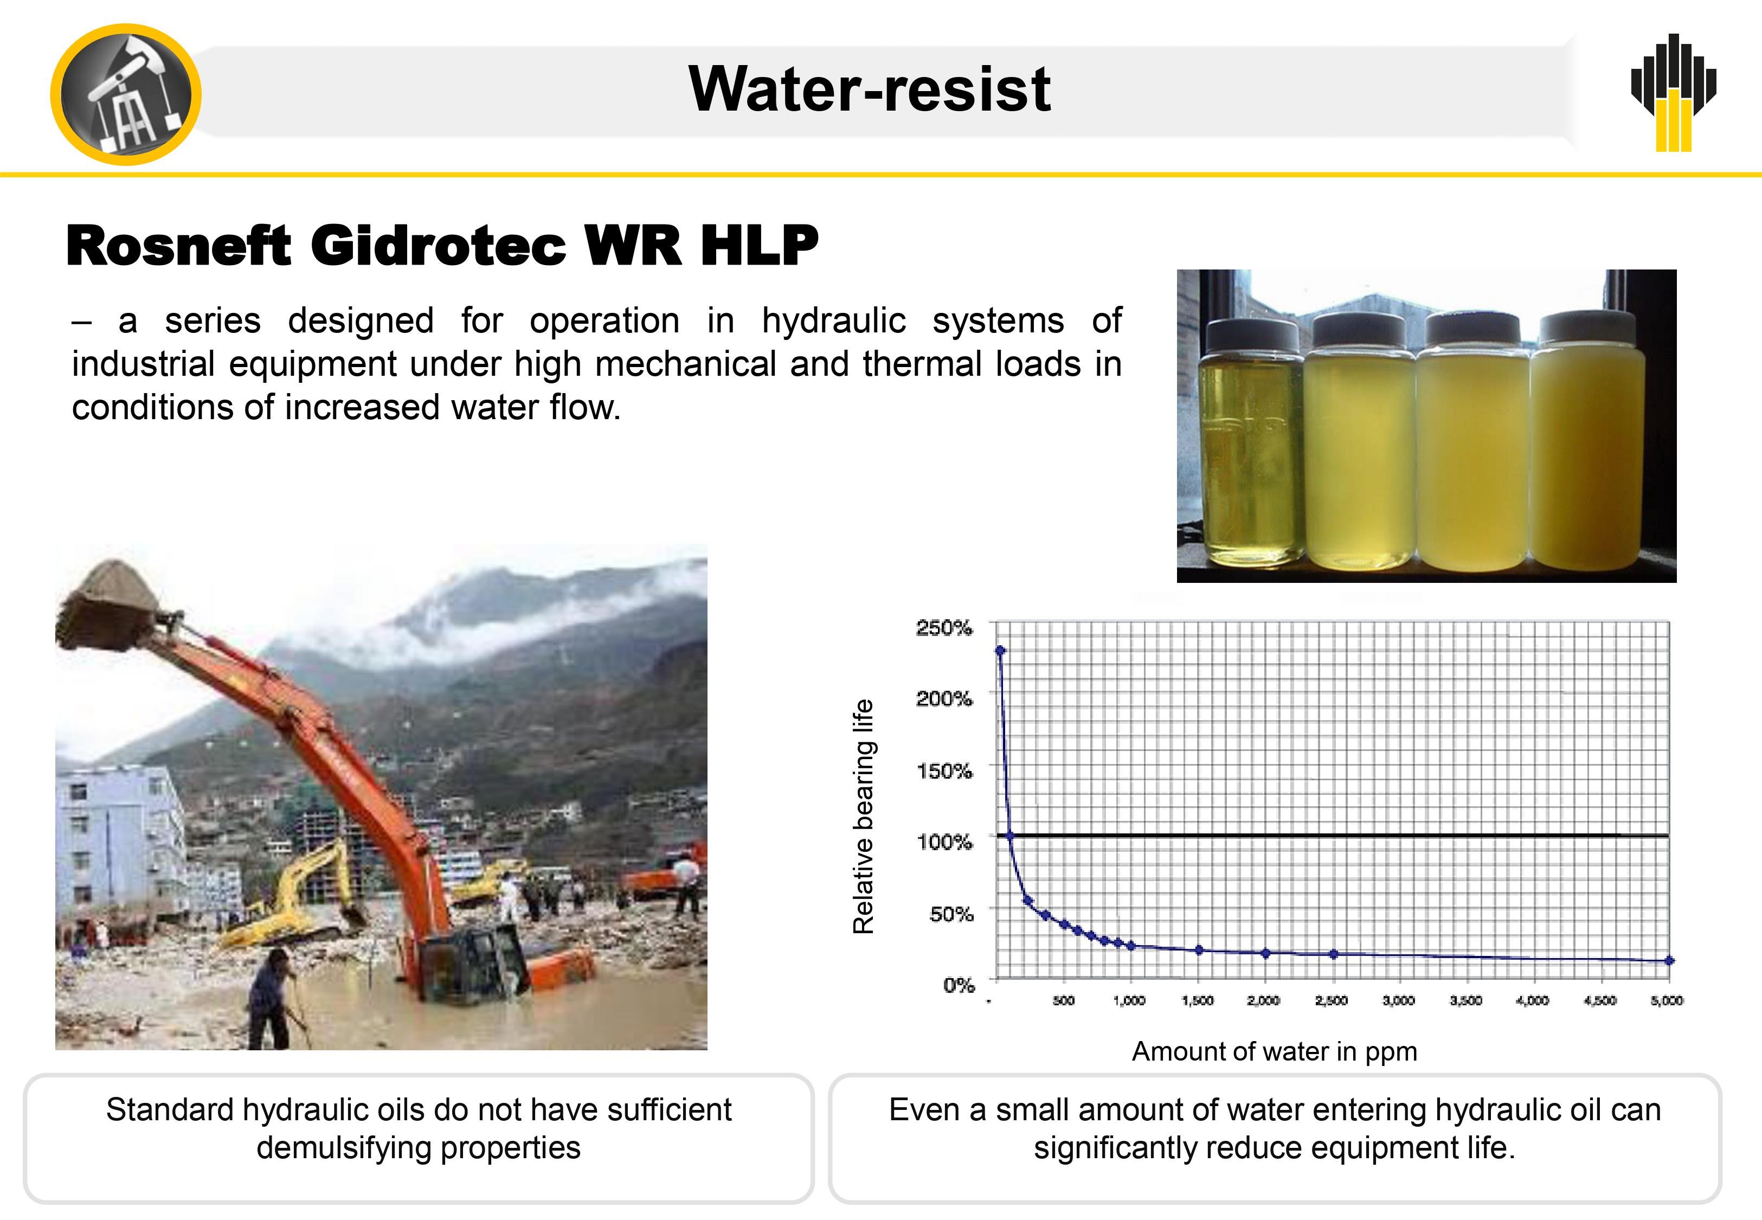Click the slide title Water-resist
click(x=870, y=89)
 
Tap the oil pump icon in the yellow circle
click(x=126, y=95)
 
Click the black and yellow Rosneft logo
click(x=1674, y=92)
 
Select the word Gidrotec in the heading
click(x=438, y=246)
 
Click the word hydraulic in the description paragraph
click(x=834, y=320)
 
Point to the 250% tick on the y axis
click(x=944, y=627)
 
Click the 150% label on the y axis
click(x=944, y=770)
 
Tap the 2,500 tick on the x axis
click(x=1331, y=1000)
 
